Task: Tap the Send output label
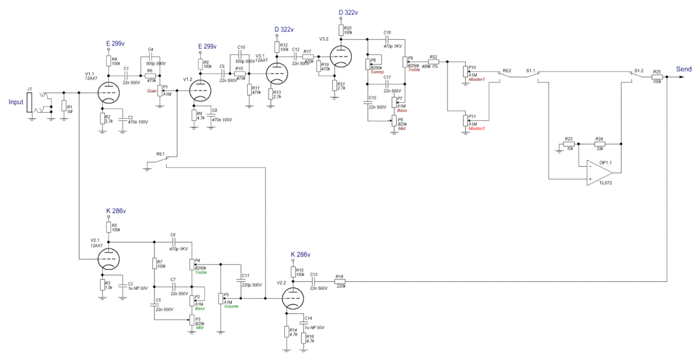(684, 69)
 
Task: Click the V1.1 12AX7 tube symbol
(108, 93)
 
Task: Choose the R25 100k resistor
(657, 78)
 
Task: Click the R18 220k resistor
(339, 281)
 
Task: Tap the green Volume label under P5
(232, 307)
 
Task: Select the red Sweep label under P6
(377, 72)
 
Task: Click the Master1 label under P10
(476, 80)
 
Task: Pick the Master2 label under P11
(476, 129)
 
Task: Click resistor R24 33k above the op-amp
(599, 143)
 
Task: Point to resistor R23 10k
(569, 143)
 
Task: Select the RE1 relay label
(161, 154)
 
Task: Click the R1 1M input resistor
(63, 106)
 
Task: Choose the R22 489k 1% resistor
(433, 61)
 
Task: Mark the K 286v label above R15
(300, 254)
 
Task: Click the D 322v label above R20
(348, 12)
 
